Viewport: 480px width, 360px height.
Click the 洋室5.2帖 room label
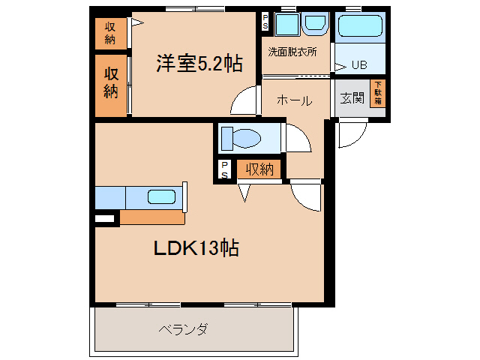[x=199, y=64]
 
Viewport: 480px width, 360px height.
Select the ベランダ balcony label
[x=183, y=329]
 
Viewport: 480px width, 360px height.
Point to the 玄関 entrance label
[x=352, y=98]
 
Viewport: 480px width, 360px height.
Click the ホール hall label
[x=294, y=100]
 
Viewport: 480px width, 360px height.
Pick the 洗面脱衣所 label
[x=292, y=52]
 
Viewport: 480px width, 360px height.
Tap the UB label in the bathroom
[x=359, y=64]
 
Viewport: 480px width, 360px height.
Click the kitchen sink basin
[x=161, y=197]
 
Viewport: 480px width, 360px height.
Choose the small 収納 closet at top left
[x=110, y=33]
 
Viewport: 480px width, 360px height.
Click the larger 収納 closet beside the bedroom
[x=111, y=83]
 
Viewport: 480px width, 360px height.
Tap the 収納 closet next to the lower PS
[x=259, y=169]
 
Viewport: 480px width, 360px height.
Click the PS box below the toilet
[x=224, y=170]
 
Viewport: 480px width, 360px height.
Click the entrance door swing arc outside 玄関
[x=351, y=135]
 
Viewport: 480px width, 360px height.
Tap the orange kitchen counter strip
[x=152, y=217]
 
